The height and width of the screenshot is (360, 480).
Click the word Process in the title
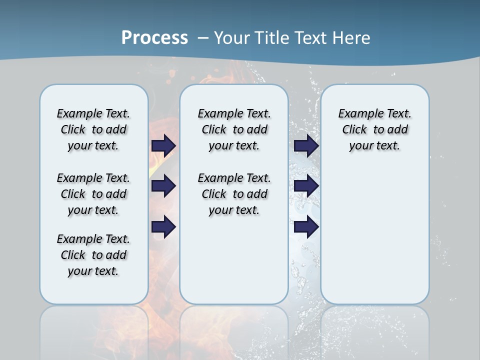tap(154, 37)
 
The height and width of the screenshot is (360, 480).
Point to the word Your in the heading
tap(232, 37)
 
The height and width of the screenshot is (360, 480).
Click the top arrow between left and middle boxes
tap(163, 145)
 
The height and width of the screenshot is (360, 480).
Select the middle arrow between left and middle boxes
tap(163, 186)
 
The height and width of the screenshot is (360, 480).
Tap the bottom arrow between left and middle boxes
tap(163, 227)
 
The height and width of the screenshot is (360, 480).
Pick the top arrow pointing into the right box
tap(306, 145)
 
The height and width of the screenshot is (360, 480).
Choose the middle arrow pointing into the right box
tap(306, 186)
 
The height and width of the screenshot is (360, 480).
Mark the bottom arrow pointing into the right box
tap(306, 227)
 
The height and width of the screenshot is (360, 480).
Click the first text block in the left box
tap(93, 129)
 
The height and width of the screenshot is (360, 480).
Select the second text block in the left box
tap(93, 194)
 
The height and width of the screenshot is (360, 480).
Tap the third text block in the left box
tap(93, 255)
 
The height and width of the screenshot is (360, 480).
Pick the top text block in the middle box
tap(234, 129)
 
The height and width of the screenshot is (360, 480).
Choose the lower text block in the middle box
tap(234, 194)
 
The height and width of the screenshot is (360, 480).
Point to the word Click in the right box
tap(354, 130)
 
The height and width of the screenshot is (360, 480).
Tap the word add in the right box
tap(398, 130)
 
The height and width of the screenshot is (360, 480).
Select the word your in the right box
tap(360, 146)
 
